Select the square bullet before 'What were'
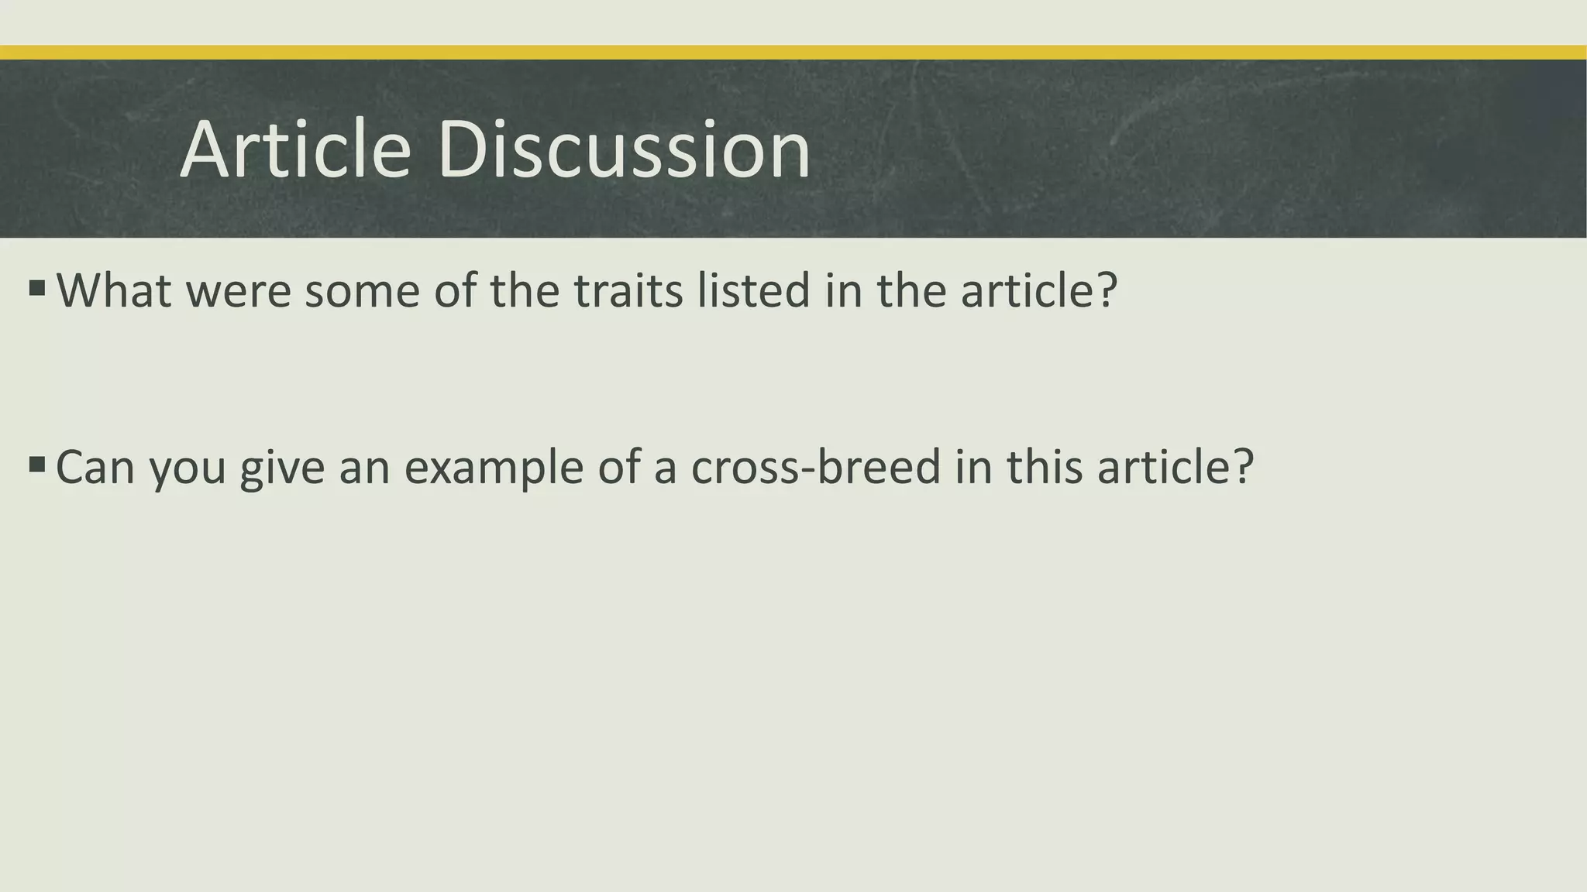(36, 289)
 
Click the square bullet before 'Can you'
(36, 465)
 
